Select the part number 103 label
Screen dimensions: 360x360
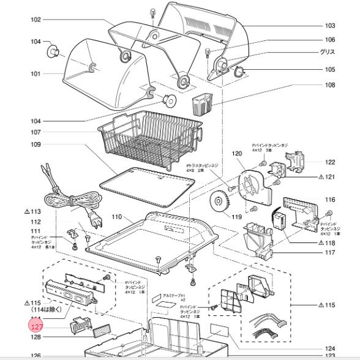coord(330,26)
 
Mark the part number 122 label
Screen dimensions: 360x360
coord(330,162)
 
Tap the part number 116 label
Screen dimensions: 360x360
coord(330,200)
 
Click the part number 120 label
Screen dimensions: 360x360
coord(237,153)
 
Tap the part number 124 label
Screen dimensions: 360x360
coord(330,348)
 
